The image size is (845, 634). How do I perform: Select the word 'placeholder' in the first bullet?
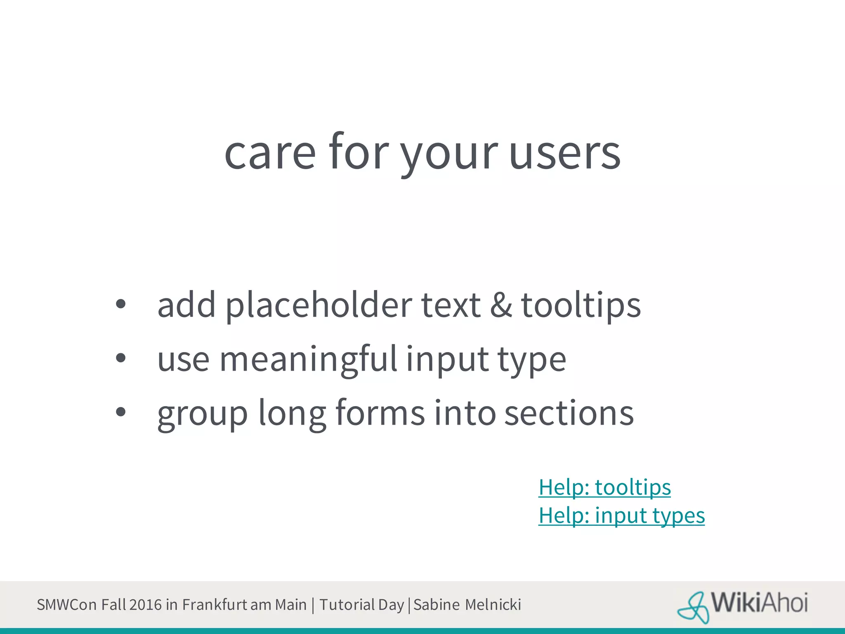pos(319,305)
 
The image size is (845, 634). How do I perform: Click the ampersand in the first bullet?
pos(501,305)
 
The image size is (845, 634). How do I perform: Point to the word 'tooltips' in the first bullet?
pos(581,305)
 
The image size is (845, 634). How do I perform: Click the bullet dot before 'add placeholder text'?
pos(120,305)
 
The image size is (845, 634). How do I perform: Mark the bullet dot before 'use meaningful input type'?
pos(120,358)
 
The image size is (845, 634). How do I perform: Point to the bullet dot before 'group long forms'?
pos(120,412)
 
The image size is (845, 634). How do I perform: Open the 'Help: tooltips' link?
pos(604,487)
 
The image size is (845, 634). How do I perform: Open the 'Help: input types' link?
pos(621,516)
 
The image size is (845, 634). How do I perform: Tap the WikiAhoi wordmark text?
pos(759,603)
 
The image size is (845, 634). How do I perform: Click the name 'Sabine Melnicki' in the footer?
pos(467,605)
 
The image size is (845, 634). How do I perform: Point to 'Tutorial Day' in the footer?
pos(361,605)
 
